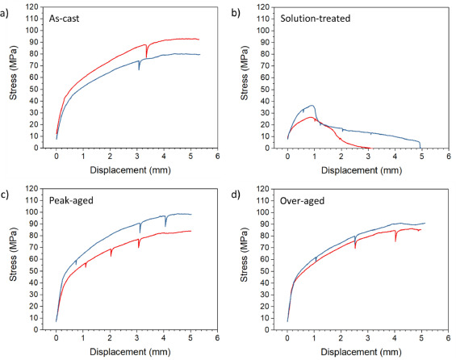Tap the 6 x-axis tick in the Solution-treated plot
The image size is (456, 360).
(x=447, y=157)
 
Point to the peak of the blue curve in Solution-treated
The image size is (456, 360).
(x=311, y=105)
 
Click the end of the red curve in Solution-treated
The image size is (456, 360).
(x=368, y=148)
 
